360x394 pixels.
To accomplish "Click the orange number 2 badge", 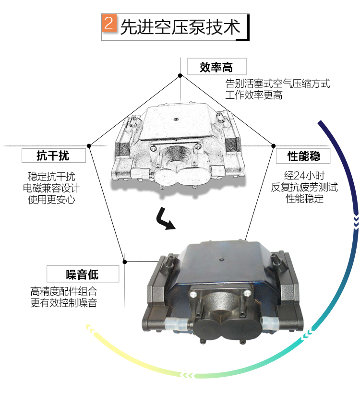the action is pyautogui.click(x=109, y=23).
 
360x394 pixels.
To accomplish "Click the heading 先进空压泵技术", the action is pyautogui.click(x=180, y=27).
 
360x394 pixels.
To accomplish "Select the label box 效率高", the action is pyautogui.click(x=216, y=67).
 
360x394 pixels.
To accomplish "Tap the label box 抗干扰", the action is pyautogui.click(x=54, y=155).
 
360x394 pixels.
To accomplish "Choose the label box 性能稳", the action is pyautogui.click(x=303, y=156).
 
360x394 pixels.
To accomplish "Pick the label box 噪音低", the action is pyautogui.click(x=83, y=274).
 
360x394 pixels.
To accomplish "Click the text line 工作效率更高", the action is pyautogui.click(x=253, y=95).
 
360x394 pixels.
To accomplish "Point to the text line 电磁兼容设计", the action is pyautogui.click(x=51, y=188).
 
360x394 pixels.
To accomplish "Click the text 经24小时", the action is pyautogui.click(x=304, y=175).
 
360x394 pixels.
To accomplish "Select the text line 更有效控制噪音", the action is pyautogui.click(x=64, y=303).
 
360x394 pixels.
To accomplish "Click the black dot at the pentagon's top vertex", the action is pyautogui.click(x=180, y=75).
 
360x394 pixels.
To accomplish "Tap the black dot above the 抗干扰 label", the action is pyautogui.click(x=89, y=146).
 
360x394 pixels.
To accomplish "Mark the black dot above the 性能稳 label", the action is pyautogui.click(x=274, y=146).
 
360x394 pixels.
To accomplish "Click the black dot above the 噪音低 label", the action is pyautogui.click(x=125, y=262).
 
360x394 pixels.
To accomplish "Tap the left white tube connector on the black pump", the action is pyautogui.click(x=176, y=325).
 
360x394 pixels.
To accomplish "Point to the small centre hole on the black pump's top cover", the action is pyautogui.click(x=221, y=260).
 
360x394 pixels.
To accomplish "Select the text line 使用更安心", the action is pyautogui.click(x=51, y=200).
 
